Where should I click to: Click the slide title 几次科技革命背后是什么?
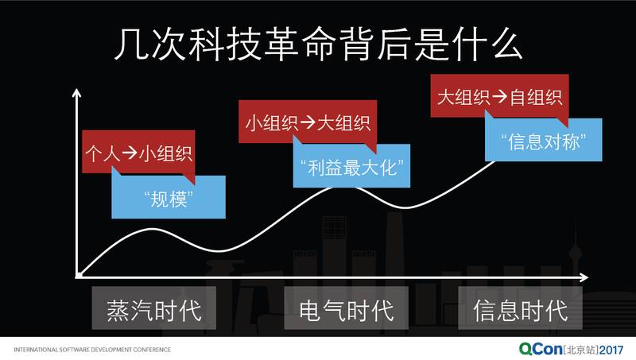coord(318,45)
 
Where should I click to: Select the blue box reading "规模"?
coord(169,198)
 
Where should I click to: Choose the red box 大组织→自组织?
coord(500,97)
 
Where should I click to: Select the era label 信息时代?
coord(520,309)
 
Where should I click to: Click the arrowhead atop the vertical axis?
coord(76,93)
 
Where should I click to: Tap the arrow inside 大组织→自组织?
coord(499,97)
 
